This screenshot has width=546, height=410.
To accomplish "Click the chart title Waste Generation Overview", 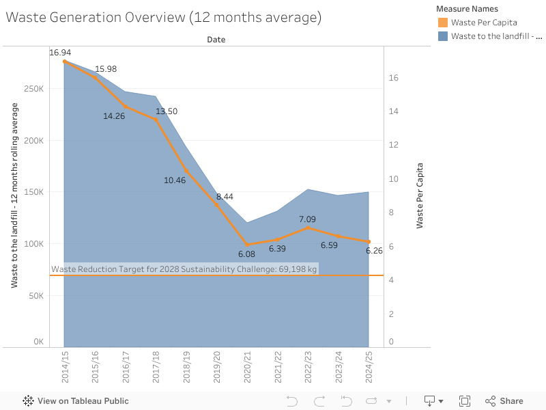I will [164, 18].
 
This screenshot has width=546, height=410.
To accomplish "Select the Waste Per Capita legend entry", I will [483, 23].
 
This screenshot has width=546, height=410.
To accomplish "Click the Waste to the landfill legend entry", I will [495, 36].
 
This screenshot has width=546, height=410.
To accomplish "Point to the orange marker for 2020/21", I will [247, 245].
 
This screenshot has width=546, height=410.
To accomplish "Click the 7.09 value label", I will [307, 219].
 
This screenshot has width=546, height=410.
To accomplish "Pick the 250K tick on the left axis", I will [34, 89].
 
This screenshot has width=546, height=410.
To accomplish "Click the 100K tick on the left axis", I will [34, 244].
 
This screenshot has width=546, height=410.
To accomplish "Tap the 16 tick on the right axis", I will [393, 78].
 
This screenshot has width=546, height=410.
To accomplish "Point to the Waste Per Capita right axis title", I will [420, 195].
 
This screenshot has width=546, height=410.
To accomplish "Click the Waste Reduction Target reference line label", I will [184, 269].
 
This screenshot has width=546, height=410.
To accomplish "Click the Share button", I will [504, 401].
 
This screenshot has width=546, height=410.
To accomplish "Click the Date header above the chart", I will [216, 40].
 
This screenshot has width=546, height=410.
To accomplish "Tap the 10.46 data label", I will [175, 180].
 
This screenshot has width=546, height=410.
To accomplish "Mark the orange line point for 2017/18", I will [156, 120].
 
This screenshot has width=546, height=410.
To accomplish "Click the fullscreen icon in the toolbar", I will [465, 401].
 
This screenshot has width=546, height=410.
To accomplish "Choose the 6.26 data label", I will [375, 251].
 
